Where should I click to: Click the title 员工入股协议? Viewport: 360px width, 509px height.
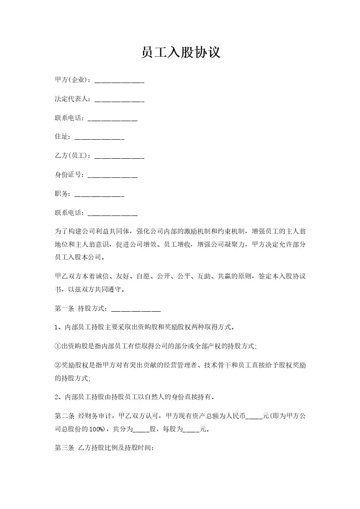[x=180, y=53]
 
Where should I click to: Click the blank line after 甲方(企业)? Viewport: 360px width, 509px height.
[x=119, y=81]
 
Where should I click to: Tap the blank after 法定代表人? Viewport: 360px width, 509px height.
[x=119, y=100]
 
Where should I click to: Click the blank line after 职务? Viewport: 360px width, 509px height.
[x=99, y=194]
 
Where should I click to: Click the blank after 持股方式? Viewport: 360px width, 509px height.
[x=136, y=309]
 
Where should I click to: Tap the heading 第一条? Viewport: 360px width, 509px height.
[x=64, y=309]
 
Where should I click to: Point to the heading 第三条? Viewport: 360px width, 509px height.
[x=64, y=448]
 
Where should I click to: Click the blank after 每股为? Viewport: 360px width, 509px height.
[x=191, y=429]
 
